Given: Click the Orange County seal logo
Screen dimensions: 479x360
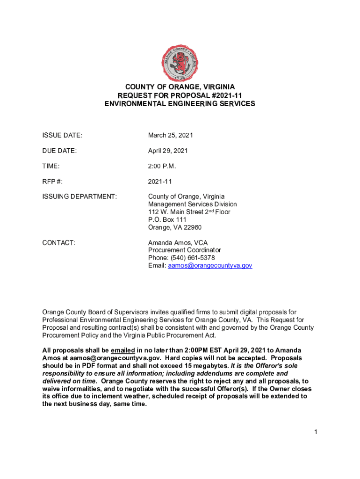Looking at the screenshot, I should coord(180,62).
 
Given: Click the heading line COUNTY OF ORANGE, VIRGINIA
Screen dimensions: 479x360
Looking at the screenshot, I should coord(180,87).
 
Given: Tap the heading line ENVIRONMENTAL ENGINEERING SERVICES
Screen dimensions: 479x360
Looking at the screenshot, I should coord(180,104).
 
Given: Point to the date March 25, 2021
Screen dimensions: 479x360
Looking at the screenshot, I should coord(171,135).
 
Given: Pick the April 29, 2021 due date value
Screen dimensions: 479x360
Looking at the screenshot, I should coord(168,151).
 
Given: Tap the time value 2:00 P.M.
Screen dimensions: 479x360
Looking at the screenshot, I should coord(162,166).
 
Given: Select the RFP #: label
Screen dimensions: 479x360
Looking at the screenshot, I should coord(53,181).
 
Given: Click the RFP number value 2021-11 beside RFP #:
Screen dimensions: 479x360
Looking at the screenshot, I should coord(160,181).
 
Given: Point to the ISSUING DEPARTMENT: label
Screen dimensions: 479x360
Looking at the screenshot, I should coord(79,197).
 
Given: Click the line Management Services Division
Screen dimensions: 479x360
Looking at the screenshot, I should coord(192,204).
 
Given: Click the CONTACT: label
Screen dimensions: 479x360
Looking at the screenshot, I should coord(59,243).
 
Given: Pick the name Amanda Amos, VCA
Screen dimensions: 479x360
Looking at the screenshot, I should coord(178,243).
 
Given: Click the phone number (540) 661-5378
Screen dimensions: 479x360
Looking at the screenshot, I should coord(192,258).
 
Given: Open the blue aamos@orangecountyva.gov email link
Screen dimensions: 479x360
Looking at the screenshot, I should coord(210,265).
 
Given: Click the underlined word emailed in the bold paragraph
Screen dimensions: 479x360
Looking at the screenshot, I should coord(123,350).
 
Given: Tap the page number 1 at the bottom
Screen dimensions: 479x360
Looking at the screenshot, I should coord(316,432).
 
